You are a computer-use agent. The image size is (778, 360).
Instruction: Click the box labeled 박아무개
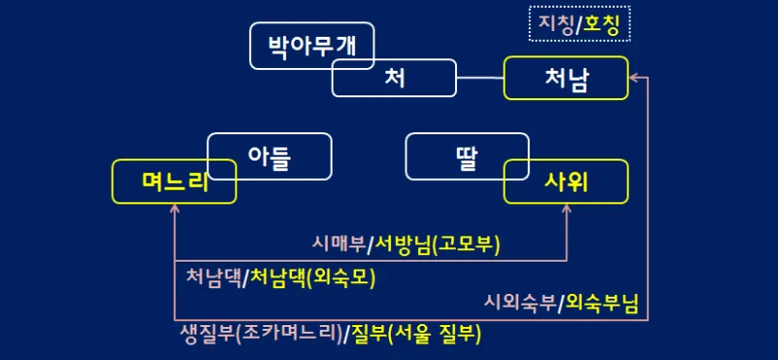[292, 44]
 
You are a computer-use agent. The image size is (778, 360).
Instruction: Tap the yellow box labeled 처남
[566, 79]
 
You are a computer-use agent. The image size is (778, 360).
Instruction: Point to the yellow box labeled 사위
[566, 181]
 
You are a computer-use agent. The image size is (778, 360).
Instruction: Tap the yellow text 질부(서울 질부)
[421, 334]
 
